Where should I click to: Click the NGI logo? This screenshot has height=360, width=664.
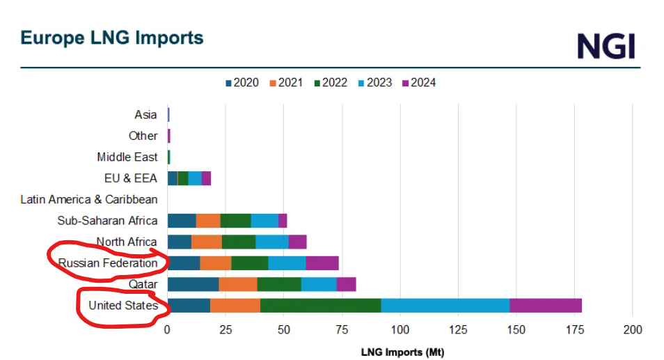[x=606, y=45]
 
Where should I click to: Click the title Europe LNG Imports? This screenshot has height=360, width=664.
[x=112, y=38]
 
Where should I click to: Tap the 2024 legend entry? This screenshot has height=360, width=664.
[x=418, y=83]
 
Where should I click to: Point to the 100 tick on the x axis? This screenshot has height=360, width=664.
[x=400, y=329]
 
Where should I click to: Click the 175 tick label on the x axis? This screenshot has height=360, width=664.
[x=574, y=329]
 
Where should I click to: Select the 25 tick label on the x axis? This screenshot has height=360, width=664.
[x=226, y=329]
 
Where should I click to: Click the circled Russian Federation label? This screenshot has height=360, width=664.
[x=108, y=263]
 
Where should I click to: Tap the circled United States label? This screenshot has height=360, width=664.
[x=122, y=306]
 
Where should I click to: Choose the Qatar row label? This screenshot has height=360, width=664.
[x=143, y=284]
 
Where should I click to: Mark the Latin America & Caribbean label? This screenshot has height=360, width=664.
[x=89, y=200]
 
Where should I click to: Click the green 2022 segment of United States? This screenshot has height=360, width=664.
[x=321, y=306]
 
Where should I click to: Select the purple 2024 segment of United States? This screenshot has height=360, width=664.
[x=546, y=306]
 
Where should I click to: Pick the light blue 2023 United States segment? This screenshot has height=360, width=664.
[x=445, y=306]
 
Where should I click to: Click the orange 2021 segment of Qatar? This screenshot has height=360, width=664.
[x=238, y=284]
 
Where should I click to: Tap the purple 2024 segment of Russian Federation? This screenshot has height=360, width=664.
[x=322, y=263]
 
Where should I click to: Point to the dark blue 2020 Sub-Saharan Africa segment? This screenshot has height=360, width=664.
[x=182, y=221]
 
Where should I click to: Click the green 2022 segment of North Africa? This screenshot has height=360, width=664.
[x=239, y=242]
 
